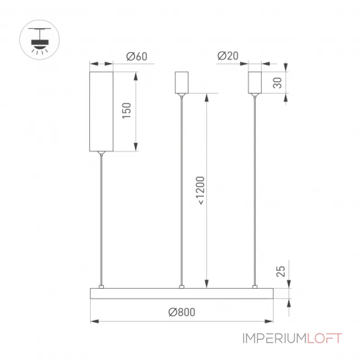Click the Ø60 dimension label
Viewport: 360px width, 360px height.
[x=137, y=56]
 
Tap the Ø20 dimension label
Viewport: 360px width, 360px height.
[x=228, y=56]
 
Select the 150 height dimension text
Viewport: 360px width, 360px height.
[x=126, y=111]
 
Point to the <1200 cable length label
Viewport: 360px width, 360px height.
[x=200, y=190]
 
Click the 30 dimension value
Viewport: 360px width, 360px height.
[x=277, y=83]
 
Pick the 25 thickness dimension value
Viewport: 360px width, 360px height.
[x=280, y=271]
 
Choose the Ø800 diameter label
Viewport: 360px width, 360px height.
[x=182, y=312]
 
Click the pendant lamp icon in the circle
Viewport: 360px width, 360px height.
[x=40, y=40]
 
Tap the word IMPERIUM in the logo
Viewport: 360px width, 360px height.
[x=274, y=338]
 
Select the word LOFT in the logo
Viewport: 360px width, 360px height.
[x=324, y=338]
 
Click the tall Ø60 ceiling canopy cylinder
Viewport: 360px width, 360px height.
[x=101, y=112]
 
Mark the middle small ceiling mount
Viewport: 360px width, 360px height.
[x=182, y=83]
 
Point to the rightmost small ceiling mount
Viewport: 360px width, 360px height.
[x=255, y=83]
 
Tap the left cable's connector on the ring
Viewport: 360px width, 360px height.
[x=101, y=287]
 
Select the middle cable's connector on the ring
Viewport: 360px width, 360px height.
[x=182, y=287]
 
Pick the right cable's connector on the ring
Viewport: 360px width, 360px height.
[x=255, y=287]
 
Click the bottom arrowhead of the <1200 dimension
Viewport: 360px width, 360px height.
[x=207, y=284]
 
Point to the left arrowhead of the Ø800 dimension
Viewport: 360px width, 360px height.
[x=94, y=321]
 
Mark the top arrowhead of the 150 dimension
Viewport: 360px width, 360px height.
[x=136, y=76]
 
